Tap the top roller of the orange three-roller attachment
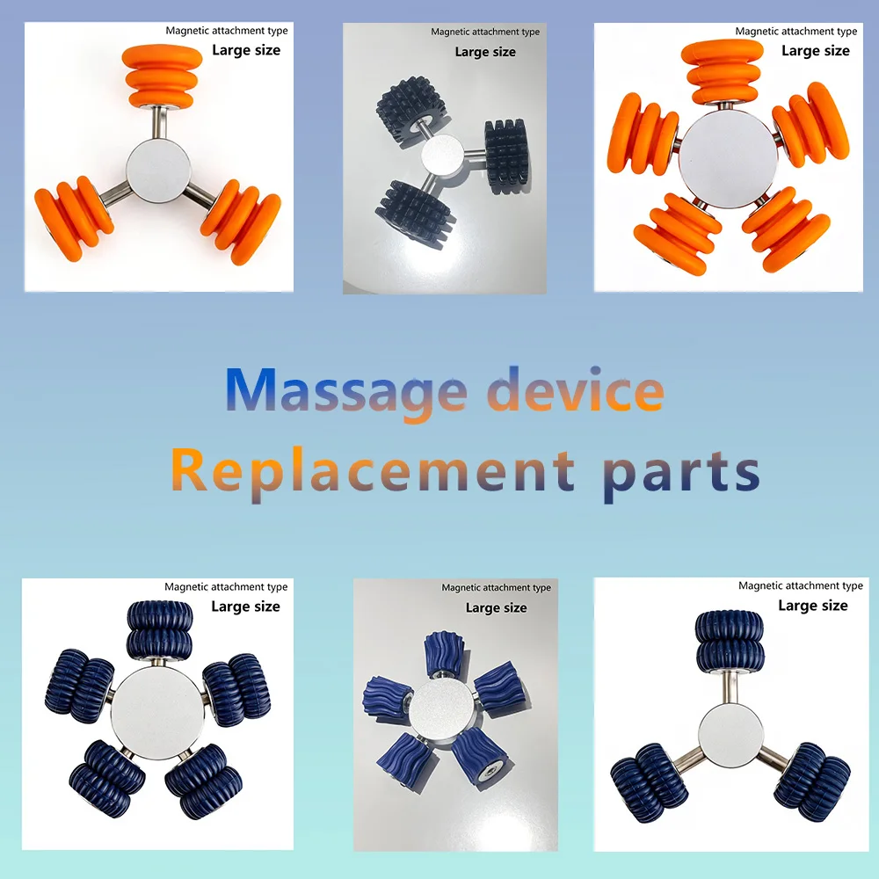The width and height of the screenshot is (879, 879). (x=162, y=76)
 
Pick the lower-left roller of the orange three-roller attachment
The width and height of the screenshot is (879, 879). (x=74, y=217)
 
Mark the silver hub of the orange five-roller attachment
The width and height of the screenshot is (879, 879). (x=727, y=158)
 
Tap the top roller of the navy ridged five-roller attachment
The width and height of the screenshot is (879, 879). (x=160, y=630)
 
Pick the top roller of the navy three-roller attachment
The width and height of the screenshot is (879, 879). (x=730, y=642)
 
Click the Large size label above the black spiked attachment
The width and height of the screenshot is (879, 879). (x=485, y=52)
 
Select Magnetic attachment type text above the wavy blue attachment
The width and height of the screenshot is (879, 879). (x=496, y=587)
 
